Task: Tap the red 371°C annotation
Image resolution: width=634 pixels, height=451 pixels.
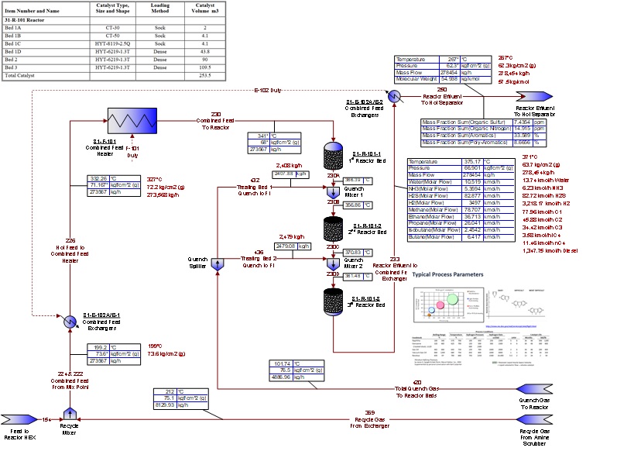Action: [508, 157]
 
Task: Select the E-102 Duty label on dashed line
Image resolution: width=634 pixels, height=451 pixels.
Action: [267, 90]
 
